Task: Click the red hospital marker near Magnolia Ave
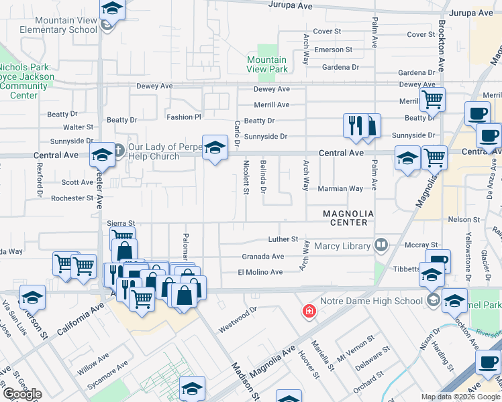click(309, 312)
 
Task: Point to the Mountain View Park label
click(267, 64)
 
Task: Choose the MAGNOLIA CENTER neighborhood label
click(345, 218)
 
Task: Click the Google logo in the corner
click(22, 394)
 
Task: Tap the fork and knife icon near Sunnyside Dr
click(354, 125)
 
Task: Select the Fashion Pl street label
click(184, 117)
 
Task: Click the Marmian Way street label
click(340, 188)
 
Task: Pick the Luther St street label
click(283, 239)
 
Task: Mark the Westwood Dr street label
click(238, 314)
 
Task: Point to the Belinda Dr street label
click(263, 186)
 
